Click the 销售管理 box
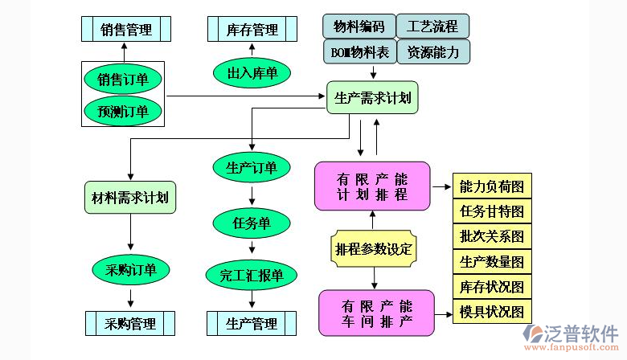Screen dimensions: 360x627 click(x=126, y=29)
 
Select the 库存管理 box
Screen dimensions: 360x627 click(x=252, y=29)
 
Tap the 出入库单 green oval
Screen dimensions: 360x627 click(x=252, y=73)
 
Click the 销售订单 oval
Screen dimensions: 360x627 click(x=123, y=80)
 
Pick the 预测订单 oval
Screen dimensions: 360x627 click(x=123, y=111)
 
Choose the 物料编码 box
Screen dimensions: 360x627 click(x=359, y=27)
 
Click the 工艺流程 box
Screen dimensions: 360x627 click(x=432, y=27)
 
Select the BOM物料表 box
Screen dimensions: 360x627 click(x=359, y=52)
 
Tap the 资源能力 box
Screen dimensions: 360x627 click(x=432, y=52)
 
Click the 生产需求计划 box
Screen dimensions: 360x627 click(x=372, y=97)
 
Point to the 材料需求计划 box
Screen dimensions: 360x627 click(x=130, y=197)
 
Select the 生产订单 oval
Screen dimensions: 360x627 click(x=252, y=167)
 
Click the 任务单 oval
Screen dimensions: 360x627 click(x=252, y=223)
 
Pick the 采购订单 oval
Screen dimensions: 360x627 click(x=130, y=269)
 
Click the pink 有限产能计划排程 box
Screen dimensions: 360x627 click(x=372, y=186)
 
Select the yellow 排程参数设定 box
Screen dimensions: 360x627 click(x=373, y=248)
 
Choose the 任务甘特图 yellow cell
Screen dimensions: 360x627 click(x=491, y=211)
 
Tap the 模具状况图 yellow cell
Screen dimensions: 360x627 click(x=491, y=311)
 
